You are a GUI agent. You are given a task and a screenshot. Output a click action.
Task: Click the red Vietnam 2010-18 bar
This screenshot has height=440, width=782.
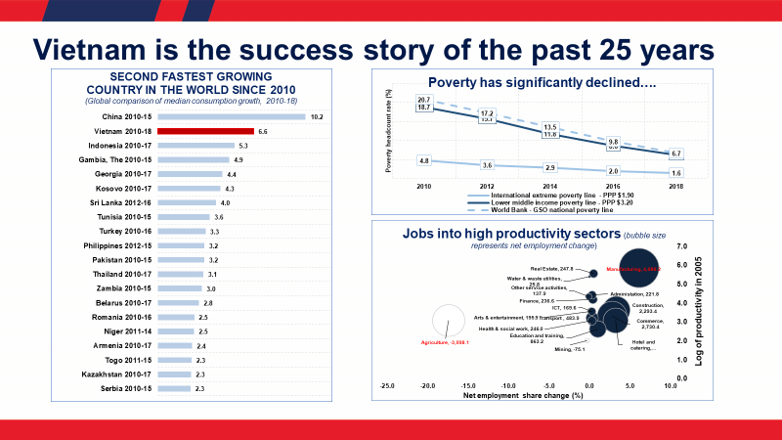[x=205, y=131]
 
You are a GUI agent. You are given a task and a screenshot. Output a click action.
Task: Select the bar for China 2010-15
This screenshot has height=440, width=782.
[x=232, y=116]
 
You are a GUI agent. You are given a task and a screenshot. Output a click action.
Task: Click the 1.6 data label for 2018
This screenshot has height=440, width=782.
[x=676, y=172]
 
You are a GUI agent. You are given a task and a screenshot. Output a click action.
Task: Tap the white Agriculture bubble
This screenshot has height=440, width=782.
[x=447, y=320]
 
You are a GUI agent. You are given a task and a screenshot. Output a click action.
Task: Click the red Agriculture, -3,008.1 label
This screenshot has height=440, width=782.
[x=446, y=343]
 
